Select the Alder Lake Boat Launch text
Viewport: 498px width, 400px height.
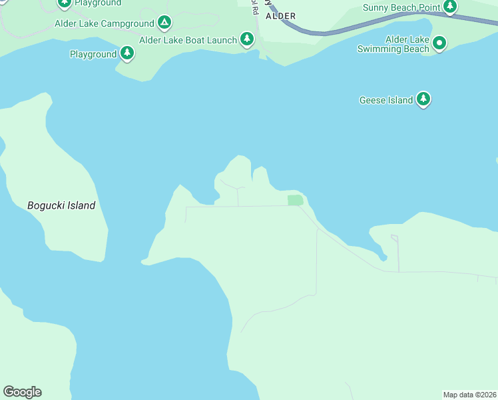188,40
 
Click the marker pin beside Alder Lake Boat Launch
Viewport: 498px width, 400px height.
247,39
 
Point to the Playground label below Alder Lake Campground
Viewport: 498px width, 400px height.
93,54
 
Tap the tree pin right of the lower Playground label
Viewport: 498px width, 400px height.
127,53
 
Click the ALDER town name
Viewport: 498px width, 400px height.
280,15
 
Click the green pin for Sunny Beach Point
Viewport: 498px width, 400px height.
450,6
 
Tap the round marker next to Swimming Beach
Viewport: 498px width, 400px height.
439,43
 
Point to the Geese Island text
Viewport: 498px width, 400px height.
386,100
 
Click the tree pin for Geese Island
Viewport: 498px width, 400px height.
423,99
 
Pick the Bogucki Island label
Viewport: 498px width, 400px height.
61,205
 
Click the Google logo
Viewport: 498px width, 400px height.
22,392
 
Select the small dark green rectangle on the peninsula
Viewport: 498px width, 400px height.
295,199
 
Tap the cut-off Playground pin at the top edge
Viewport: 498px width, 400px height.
64,3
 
